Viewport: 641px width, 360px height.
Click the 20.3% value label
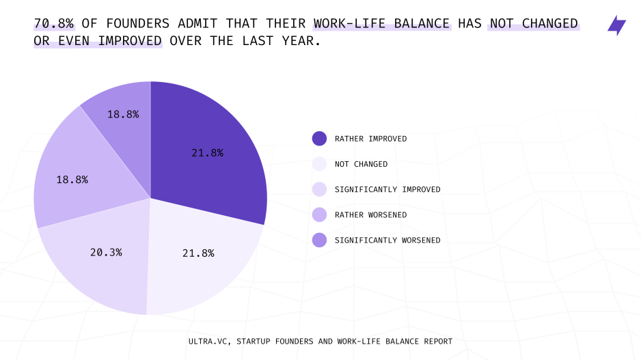click(106, 253)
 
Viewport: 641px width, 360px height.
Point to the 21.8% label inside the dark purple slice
click(207, 153)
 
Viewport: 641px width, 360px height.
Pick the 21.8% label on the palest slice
click(198, 253)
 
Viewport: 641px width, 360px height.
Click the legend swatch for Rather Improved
click(319, 139)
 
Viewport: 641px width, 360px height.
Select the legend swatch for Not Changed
click(319, 164)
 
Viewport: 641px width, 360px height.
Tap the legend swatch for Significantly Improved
click(319, 189)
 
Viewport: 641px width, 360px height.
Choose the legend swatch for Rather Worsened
click(319, 214)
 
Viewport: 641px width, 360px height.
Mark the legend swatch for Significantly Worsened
click(319, 240)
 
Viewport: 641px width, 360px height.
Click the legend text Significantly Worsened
click(387, 240)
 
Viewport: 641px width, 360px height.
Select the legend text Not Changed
click(361, 164)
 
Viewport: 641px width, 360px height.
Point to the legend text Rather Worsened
click(371, 215)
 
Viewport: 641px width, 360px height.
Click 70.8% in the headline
click(54, 23)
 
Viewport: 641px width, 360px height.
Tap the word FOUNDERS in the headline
click(138, 23)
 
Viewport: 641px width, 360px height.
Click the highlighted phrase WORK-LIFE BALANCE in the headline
click(382, 23)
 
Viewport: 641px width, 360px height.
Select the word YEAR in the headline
click(298, 41)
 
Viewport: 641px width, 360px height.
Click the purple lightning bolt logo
click(616, 25)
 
